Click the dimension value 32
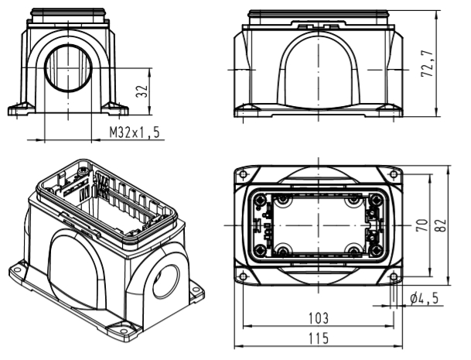(x=142, y=90)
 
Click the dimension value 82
(x=440, y=225)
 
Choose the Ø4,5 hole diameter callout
(x=423, y=297)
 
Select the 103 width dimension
(x=317, y=318)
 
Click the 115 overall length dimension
(x=317, y=338)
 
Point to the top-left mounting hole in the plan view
(x=244, y=174)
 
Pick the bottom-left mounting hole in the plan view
(x=244, y=276)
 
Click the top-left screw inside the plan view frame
(x=283, y=201)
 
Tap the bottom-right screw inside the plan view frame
(x=353, y=249)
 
